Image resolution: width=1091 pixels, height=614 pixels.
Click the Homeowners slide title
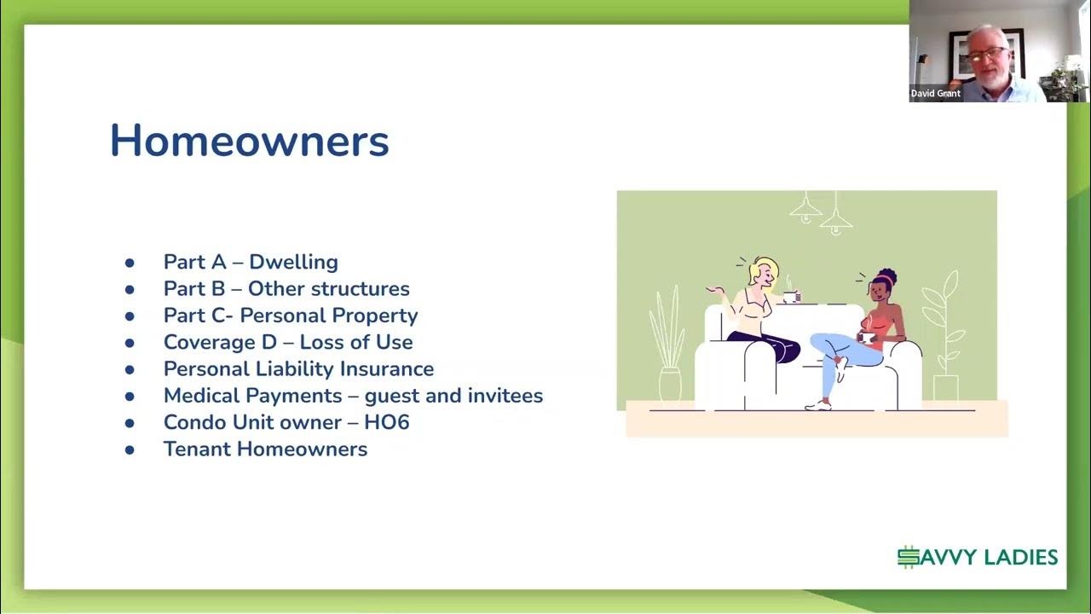pos(249,141)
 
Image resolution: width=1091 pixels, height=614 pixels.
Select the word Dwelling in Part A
pos(293,262)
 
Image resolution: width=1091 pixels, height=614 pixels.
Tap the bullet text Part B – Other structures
pos(286,289)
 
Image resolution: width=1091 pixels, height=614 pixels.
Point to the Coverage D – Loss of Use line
pos(288,343)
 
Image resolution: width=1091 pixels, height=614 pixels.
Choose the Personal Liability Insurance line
pos(298,369)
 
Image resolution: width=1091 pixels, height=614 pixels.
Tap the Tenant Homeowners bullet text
pos(265,449)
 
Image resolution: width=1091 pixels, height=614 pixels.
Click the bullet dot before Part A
pos(130,263)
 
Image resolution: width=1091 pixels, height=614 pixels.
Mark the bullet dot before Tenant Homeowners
pos(130,449)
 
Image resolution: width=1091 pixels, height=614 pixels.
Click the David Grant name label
pos(936,94)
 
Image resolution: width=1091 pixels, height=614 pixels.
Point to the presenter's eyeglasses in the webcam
pos(987,54)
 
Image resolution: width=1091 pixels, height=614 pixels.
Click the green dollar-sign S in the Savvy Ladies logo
pos(909,558)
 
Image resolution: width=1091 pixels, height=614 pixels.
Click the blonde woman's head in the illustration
pos(760,272)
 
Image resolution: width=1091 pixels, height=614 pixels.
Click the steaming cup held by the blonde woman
pos(790,296)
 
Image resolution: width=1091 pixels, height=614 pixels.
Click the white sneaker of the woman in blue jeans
pos(819,405)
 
